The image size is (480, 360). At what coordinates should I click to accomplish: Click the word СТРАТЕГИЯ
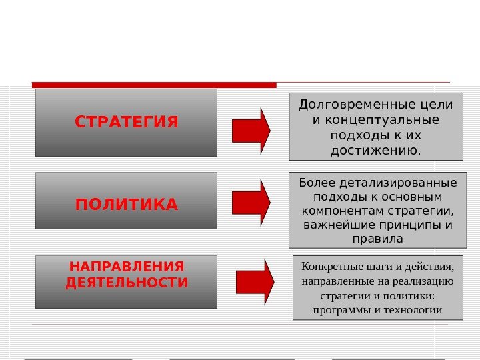(x=127, y=123)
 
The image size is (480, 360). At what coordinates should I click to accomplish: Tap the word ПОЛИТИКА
(x=127, y=204)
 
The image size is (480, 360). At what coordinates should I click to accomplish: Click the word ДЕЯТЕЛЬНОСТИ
(x=127, y=283)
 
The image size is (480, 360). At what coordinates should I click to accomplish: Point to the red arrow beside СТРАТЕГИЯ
(x=251, y=130)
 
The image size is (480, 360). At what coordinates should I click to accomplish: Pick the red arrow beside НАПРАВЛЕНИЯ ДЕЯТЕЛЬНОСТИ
(x=255, y=282)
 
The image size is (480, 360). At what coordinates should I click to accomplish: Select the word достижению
(x=376, y=151)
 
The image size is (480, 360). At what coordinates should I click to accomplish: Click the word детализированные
(x=399, y=183)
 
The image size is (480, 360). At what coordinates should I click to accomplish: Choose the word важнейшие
(x=336, y=225)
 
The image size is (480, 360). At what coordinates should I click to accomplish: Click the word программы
(x=342, y=310)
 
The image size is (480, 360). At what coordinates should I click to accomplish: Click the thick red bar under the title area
(x=154, y=85)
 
